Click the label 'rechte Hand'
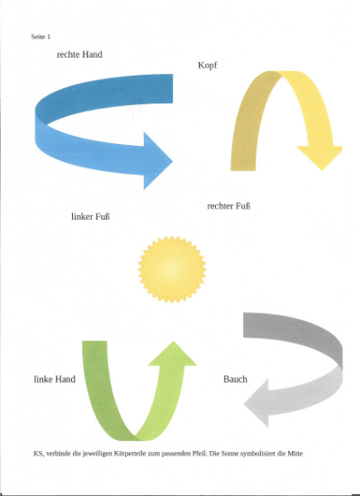(x=79, y=55)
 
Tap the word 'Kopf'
(x=208, y=66)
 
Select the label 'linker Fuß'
(x=91, y=217)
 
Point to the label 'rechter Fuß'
(x=229, y=206)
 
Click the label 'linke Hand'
(x=54, y=379)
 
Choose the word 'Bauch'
(x=235, y=379)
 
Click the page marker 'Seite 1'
(x=40, y=37)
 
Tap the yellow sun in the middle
(x=172, y=269)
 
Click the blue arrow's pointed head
(x=157, y=161)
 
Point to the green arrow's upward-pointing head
(x=173, y=353)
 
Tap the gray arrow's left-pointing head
(x=256, y=403)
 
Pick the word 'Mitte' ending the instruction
(x=295, y=454)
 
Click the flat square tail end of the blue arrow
(x=172, y=88)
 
